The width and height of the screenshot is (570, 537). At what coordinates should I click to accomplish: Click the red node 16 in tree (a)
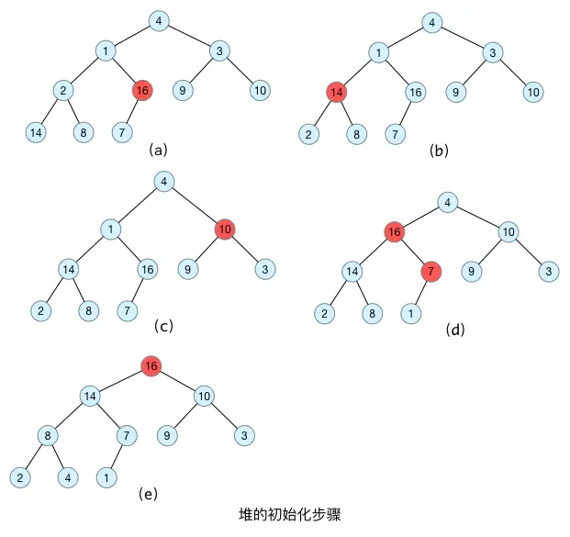click(x=142, y=90)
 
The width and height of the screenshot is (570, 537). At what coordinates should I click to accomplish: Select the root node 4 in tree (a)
click(x=160, y=20)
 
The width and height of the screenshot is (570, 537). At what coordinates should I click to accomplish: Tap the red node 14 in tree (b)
click(x=337, y=92)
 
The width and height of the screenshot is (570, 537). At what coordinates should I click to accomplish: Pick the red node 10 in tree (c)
click(x=225, y=229)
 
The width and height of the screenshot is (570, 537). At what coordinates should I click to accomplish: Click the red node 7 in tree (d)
click(x=431, y=273)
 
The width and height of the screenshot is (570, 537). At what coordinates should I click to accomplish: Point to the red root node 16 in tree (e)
click(x=152, y=366)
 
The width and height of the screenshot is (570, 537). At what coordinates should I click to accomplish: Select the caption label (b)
click(x=439, y=150)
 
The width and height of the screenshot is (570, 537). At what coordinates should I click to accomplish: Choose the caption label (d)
click(x=455, y=328)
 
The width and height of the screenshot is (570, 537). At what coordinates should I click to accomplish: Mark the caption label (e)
click(x=148, y=494)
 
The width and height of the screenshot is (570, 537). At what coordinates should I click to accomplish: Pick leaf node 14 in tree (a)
click(x=36, y=132)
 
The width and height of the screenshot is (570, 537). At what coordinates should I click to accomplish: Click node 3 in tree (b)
click(x=493, y=52)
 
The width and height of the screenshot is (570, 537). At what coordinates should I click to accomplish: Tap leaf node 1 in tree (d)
click(x=409, y=314)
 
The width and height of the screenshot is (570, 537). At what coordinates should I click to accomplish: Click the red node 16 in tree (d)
click(x=395, y=232)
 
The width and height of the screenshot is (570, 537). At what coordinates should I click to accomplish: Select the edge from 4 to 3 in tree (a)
click(x=190, y=35)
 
